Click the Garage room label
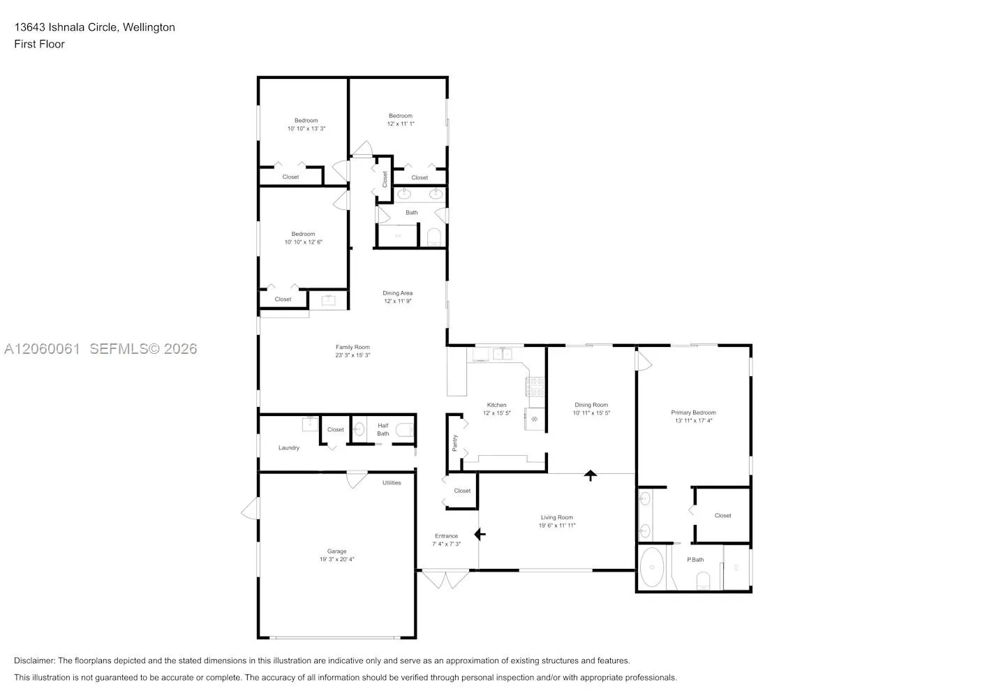[x=336, y=551]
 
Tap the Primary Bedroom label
[x=694, y=413]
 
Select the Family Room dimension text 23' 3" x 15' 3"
[x=352, y=355]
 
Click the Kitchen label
[x=496, y=405]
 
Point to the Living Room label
[x=557, y=517]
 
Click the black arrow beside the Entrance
[x=480, y=535]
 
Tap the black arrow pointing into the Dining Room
[x=591, y=475]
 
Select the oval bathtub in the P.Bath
[x=652, y=567]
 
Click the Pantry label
[x=454, y=443]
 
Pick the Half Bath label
[x=383, y=430]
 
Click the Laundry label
[x=288, y=447]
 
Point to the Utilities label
[x=392, y=482]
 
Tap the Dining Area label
[x=397, y=293]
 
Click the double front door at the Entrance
[x=445, y=579]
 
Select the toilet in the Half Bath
[x=405, y=430]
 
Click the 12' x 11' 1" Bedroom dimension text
[x=401, y=124]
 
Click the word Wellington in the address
[x=149, y=27]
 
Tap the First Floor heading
[x=39, y=44]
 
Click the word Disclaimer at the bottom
[x=34, y=660]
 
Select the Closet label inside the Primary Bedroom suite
[x=722, y=516]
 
